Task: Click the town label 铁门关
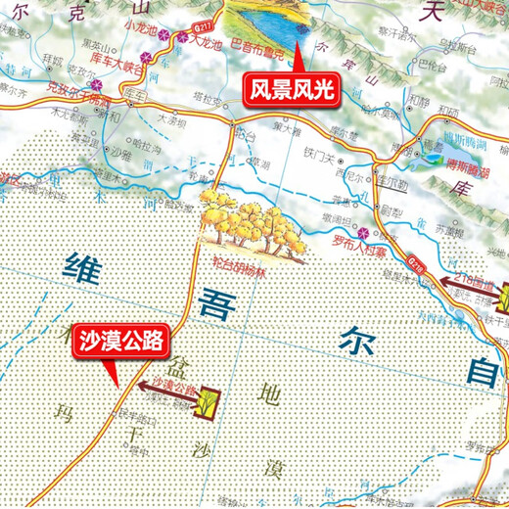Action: pos(320,152)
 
